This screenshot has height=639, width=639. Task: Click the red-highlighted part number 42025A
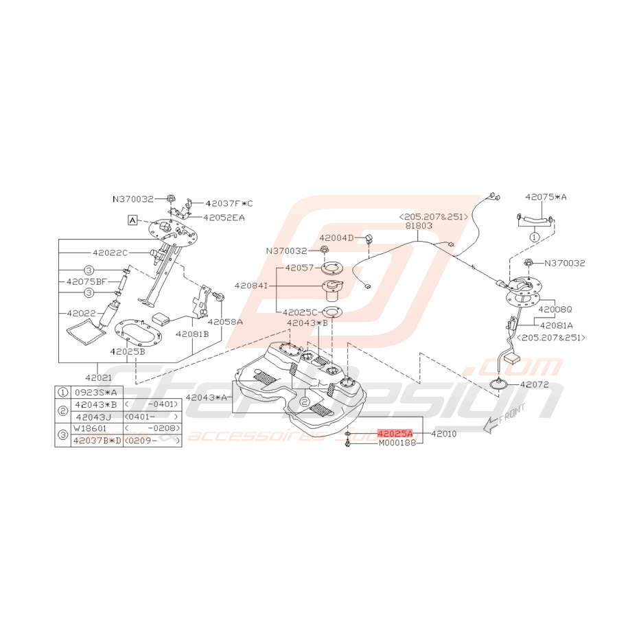click(395, 434)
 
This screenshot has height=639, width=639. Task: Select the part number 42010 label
click(443, 434)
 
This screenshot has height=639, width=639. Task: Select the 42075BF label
click(86, 281)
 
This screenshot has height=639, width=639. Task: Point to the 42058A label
click(225, 321)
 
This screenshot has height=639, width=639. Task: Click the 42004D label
click(336, 237)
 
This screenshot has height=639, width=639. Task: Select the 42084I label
click(252, 284)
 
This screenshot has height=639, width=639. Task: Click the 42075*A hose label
click(546, 196)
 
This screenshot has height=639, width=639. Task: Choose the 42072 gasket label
click(537, 384)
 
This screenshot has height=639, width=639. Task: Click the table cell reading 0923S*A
click(94, 393)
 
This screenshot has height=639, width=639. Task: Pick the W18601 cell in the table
click(90, 428)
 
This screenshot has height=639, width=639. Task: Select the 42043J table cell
click(94, 416)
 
